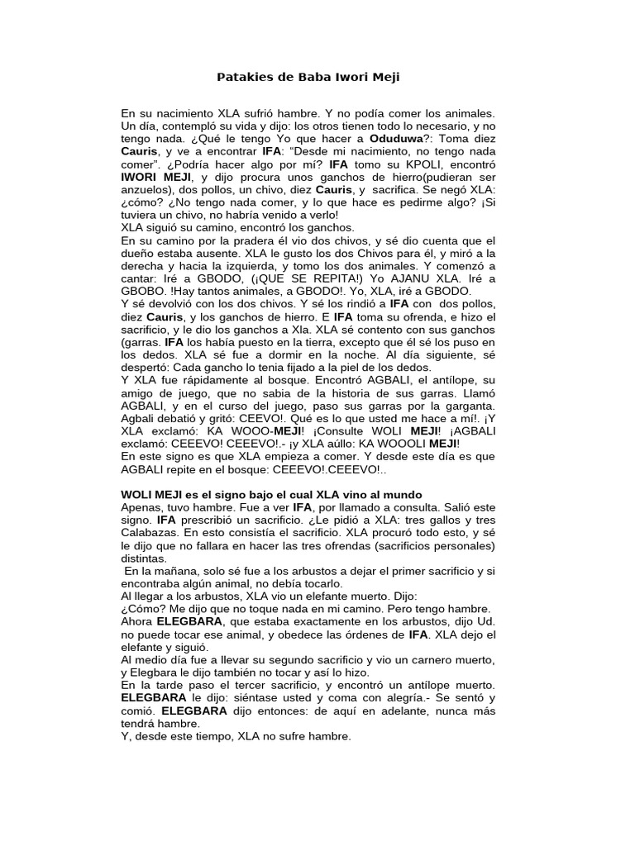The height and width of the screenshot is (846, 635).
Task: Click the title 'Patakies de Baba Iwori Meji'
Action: coord(308,78)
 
